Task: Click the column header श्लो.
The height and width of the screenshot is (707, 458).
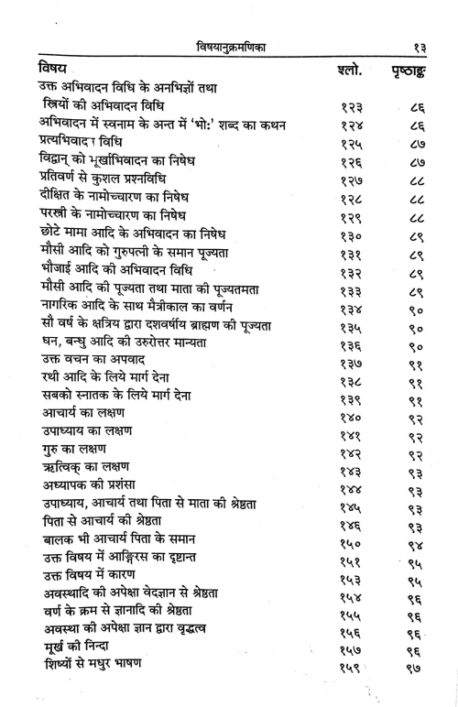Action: [341, 71]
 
